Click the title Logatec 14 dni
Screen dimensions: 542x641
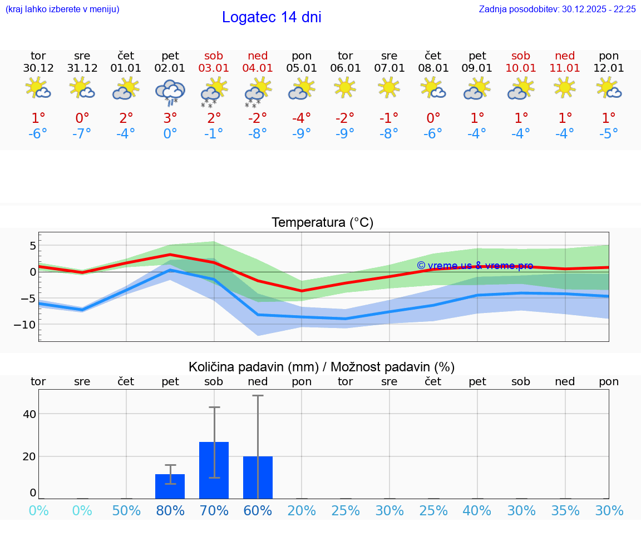click(x=272, y=17)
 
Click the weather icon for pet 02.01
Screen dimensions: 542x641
click(x=170, y=91)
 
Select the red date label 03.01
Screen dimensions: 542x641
click(x=214, y=68)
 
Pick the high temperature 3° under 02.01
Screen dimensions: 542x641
click(x=170, y=118)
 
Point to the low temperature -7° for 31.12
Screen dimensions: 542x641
click(x=82, y=134)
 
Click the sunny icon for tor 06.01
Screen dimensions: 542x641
click(x=345, y=87)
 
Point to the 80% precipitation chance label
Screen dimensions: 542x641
click(x=170, y=510)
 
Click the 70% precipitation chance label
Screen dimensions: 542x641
click(x=214, y=510)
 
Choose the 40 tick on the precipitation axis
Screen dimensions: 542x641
click(x=29, y=414)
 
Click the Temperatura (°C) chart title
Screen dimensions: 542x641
click(x=322, y=223)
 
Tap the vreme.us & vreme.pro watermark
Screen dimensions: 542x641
click(x=475, y=266)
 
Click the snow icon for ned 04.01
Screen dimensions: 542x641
click(x=258, y=92)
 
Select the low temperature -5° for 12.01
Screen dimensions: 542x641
click(x=609, y=134)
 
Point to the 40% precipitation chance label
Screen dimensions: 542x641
click(x=477, y=510)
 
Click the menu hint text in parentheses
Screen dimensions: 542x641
click(x=62, y=9)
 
